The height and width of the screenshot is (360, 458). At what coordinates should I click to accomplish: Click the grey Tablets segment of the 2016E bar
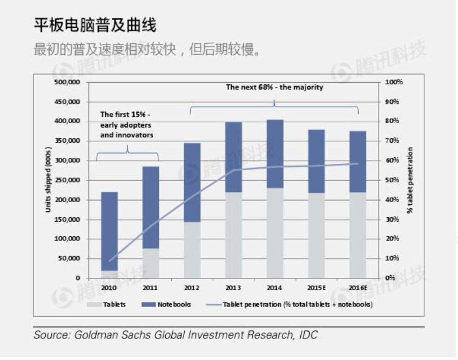tap(358, 235)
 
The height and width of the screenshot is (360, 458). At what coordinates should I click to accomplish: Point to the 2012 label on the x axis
tap(192, 287)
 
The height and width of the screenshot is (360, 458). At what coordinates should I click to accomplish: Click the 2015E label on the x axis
tap(316, 287)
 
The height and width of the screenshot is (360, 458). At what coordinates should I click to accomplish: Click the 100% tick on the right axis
tap(395, 82)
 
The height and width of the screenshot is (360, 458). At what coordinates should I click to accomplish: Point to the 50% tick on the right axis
tap(392, 180)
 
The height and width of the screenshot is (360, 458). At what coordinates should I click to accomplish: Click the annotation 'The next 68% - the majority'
tap(274, 87)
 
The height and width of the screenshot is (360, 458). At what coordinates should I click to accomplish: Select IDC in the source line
tap(307, 335)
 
